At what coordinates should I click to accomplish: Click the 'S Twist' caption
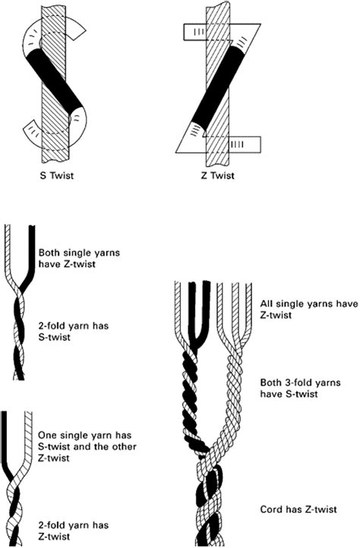(x=57, y=175)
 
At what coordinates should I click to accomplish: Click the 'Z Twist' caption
(x=217, y=175)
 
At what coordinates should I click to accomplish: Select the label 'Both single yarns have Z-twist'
(x=79, y=258)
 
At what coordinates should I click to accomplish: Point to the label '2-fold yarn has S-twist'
(x=74, y=332)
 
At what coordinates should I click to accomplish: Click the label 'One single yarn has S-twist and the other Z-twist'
(x=87, y=446)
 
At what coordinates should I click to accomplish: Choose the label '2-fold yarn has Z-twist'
(x=74, y=531)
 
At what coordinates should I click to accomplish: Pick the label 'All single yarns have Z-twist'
(x=309, y=309)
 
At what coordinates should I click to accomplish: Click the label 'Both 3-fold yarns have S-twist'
(x=300, y=388)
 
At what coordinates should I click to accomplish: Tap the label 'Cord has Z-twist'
(x=298, y=509)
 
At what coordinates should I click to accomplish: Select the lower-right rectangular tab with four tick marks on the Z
(x=245, y=144)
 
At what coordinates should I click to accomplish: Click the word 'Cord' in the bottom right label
(x=271, y=509)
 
